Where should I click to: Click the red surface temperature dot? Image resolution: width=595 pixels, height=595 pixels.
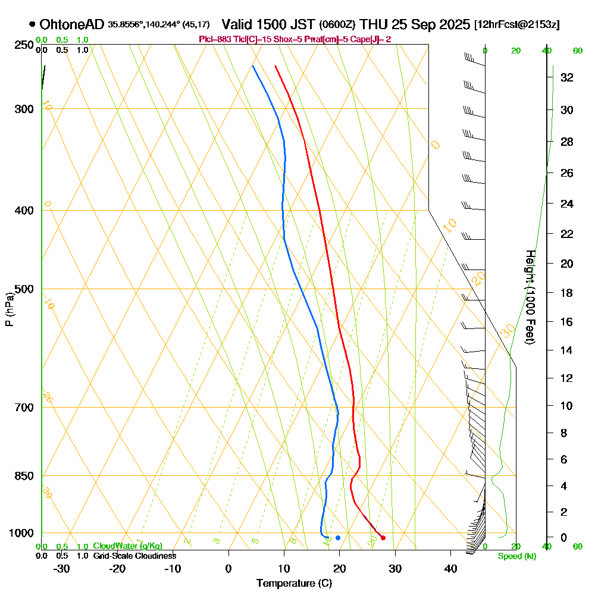(x=383, y=538)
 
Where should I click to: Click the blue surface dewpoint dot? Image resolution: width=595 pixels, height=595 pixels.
(x=338, y=538)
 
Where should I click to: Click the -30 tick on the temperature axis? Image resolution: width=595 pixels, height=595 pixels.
(x=62, y=568)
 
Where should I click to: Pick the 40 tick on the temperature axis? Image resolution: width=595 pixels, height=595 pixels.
(x=450, y=568)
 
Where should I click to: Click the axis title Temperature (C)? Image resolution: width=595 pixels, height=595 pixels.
(x=294, y=584)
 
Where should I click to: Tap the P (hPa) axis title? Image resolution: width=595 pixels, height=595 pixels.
(x=9, y=309)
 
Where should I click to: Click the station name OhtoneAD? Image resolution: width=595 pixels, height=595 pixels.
(x=71, y=24)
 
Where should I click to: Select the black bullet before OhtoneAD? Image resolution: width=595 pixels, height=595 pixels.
(x=32, y=24)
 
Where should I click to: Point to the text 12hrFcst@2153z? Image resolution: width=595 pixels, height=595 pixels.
(x=516, y=25)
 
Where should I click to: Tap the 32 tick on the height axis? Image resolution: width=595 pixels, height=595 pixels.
(x=566, y=77)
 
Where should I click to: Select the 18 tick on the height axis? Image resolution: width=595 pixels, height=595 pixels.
(x=566, y=293)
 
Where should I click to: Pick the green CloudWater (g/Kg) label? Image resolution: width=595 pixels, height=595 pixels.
(x=127, y=546)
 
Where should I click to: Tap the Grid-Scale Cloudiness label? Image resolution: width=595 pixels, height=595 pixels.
(x=134, y=556)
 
